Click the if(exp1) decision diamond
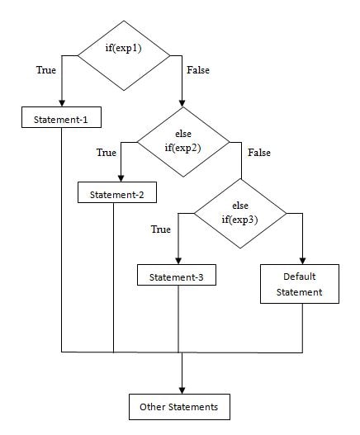[124, 55]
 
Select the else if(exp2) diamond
[183, 142]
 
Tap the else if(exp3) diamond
[240, 213]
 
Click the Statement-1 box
[61, 117]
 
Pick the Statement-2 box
[117, 192]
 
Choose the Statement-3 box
[177, 275]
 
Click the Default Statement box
[300, 284]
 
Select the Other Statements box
[179, 407]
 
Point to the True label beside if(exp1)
[46, 70]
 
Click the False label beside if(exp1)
[198, 70]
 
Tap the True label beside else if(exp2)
[107, 153]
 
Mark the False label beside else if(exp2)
[259, 153]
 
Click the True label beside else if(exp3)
[161, 229]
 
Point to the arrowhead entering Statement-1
[62, 103]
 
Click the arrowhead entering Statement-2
[121, 178]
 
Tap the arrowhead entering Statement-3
[178, 261]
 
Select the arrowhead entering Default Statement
[302, 261]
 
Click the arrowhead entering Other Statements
[182, 390]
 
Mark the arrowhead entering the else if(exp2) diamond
[182, 103]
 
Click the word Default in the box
[300, 277]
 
